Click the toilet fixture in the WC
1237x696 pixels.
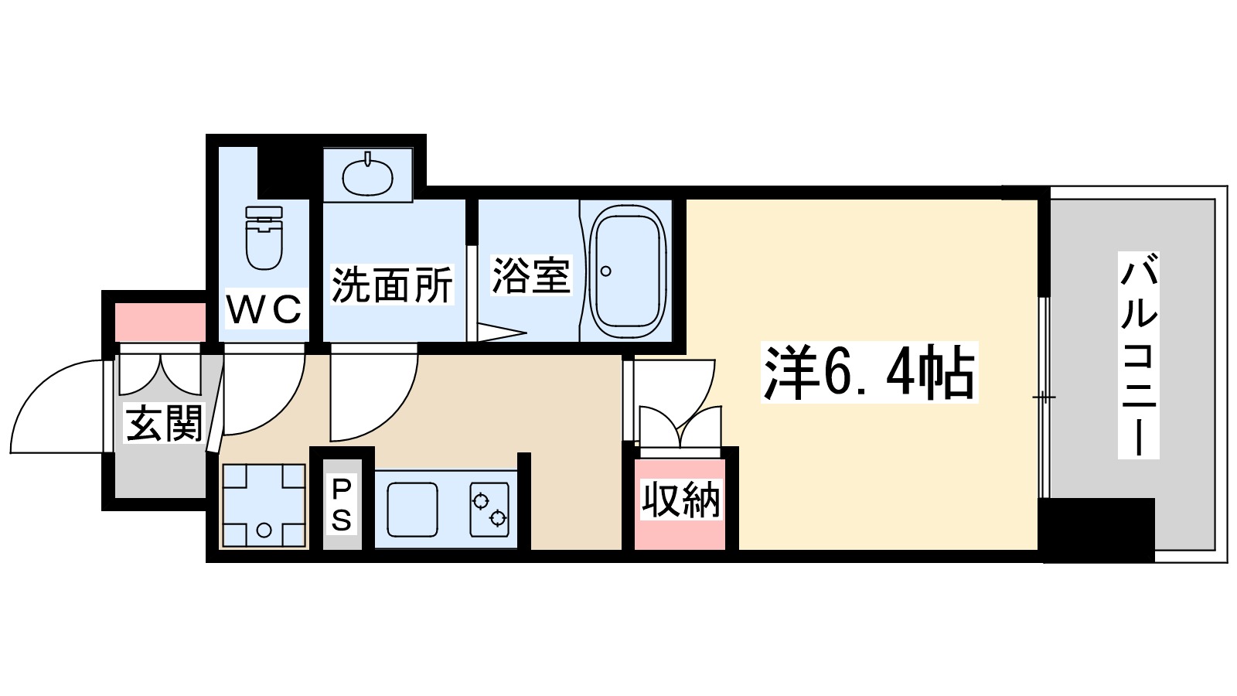click(x=264, y=237)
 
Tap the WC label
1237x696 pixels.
click(x=264, y=310)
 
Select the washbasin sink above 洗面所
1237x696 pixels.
click(x=367, y=176)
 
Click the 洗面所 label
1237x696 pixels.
click(x=392, y=285)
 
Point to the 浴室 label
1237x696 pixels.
click(x=531, y=275)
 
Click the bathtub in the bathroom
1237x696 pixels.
click(x=627, y=271)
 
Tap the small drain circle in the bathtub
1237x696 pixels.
click(x=605, y=271)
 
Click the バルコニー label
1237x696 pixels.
click(x=1138, y=355)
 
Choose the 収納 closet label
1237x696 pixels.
click(x=680, y=500)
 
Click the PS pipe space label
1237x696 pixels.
click(x=341, y=504)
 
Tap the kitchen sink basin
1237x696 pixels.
click(x=412, y=509)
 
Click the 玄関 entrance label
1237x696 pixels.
click(x=163, y=423)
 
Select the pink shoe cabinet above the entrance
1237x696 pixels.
click(x=160, y=322)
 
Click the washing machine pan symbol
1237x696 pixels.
click(x=264, y=505)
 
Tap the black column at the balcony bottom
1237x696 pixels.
click(x=1098, y=529)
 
